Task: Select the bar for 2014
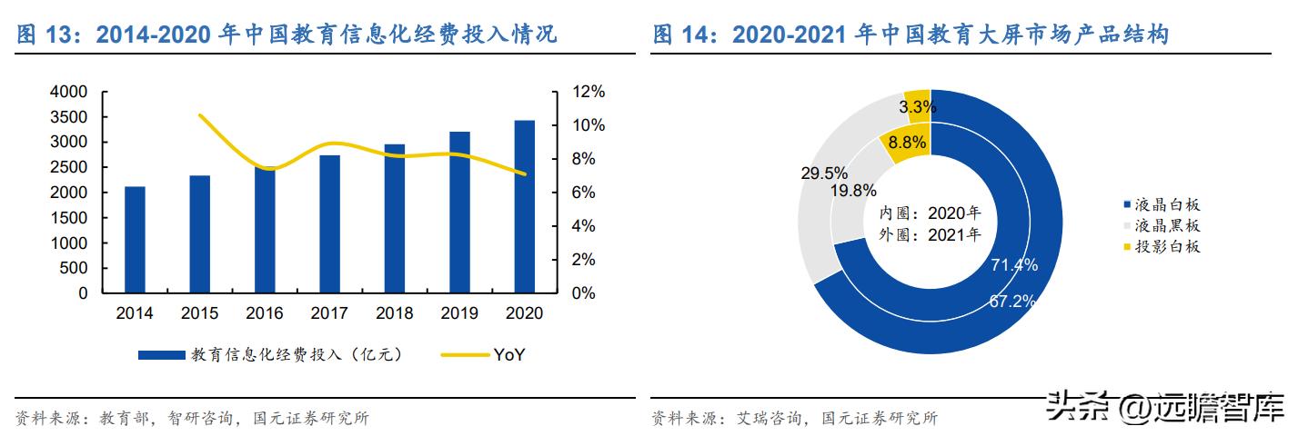point(135,240)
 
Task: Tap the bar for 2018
point(395,218)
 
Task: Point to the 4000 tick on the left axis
point(69,92)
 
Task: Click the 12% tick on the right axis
point(587,92)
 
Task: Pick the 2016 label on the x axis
point(265,313)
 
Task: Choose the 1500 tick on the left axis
point(69,218)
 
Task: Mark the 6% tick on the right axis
point(583,193)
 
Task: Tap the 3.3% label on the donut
point(917,107)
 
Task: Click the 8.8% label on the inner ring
point(907,143)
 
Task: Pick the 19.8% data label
point(852,191)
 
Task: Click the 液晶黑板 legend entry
point(1162,225)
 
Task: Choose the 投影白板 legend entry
point(1162,246)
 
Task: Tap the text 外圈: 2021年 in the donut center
point(929,234)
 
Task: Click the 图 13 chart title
point(287,35)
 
